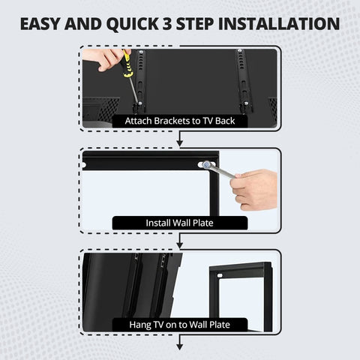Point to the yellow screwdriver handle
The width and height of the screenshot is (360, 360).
(127, 67)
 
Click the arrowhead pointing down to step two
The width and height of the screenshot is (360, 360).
(180, 142)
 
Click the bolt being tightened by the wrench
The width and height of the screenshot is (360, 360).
(202, 163)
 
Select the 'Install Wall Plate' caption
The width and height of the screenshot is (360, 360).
(179, 223)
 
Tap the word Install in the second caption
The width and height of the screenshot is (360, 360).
(158, 223)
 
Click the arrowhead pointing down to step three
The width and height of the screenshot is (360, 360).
(180, 244)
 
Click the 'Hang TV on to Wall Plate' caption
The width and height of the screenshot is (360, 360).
(179, 325)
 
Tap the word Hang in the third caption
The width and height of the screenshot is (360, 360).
(141, 325)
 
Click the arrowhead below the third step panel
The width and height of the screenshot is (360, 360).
(180, 346)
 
